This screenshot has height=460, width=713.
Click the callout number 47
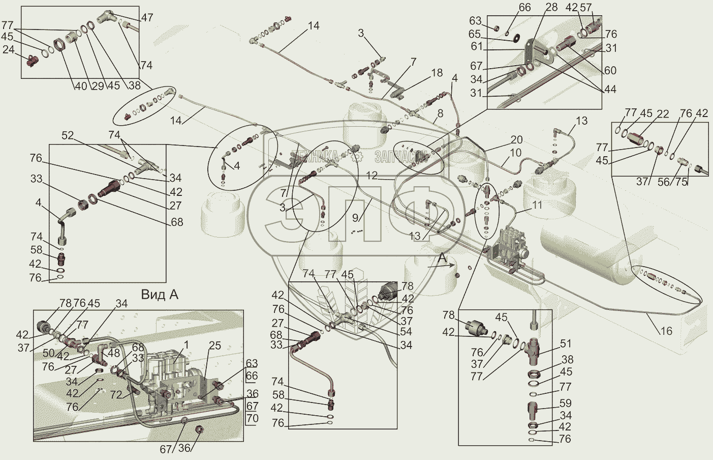[x=147, y=18]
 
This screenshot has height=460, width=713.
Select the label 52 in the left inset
[x=68, y=136]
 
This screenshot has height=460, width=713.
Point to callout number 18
[x=437, y=73]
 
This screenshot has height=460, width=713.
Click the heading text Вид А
[x=160, y=295]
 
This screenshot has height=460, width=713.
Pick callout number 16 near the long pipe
[x=666, y=331]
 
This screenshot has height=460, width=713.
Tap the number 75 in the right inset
[x=681, y=182]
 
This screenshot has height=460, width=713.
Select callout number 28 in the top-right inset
[x=551, y=8]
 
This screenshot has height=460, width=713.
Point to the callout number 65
[x=474, y=34]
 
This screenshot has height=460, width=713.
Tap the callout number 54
[x=406, y=332]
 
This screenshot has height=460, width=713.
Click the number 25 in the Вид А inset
[x=214, y=346]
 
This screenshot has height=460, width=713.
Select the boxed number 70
[x=252, y=419]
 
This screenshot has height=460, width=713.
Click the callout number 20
[x=516, y=140]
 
